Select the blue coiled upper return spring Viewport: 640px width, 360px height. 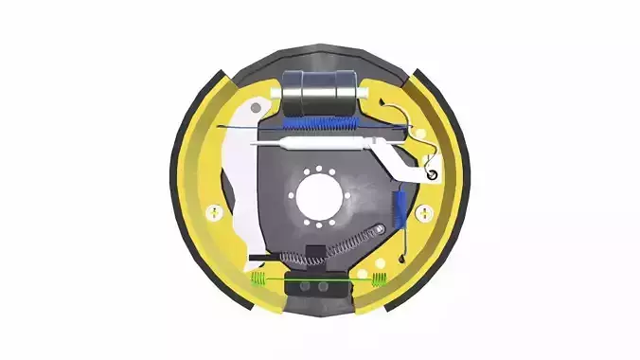click(x=323, y=122)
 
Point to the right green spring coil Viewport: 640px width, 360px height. click(x=378, y=279)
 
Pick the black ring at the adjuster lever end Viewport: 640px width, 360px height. click(x=432, y=174)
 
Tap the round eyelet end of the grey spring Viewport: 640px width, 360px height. click(x=381, y=228)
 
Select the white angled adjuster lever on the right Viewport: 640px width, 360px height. click(x=403, y=160)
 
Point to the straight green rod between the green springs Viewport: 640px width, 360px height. click(x=317, y=279)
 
